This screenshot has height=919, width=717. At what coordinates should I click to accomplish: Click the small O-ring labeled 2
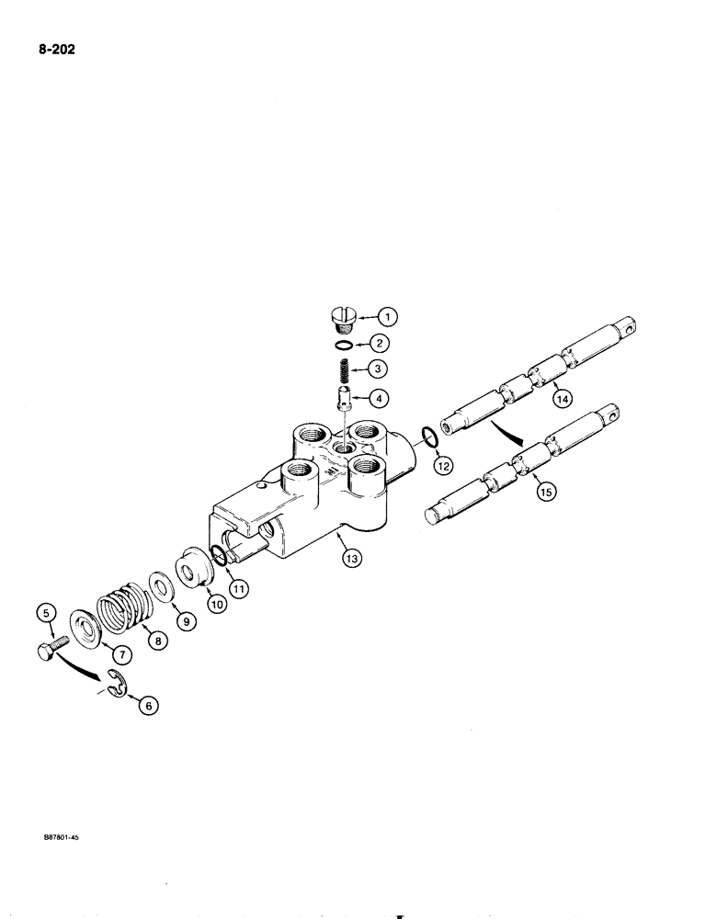click(x=342, y=346)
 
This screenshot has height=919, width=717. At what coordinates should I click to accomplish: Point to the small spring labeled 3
click(x=342, y=375)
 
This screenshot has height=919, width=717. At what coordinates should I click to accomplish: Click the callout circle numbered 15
click(x=546, y=494)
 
